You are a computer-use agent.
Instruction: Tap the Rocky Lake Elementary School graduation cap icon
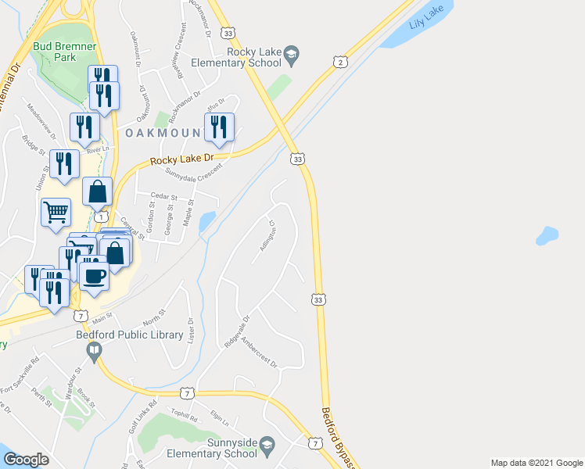pos(292,54)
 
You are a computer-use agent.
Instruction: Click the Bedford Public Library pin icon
pos(95,352)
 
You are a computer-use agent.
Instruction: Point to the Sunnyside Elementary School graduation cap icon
pos(267,446)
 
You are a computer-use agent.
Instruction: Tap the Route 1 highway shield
pos(101,215)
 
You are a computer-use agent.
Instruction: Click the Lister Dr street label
pos(191,330)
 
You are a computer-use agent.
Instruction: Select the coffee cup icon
pos(95,275)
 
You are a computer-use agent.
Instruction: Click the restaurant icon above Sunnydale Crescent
pos(219,127)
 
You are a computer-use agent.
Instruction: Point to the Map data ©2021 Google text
pos(536,463)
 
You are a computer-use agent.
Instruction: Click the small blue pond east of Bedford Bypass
pos(547,234)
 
